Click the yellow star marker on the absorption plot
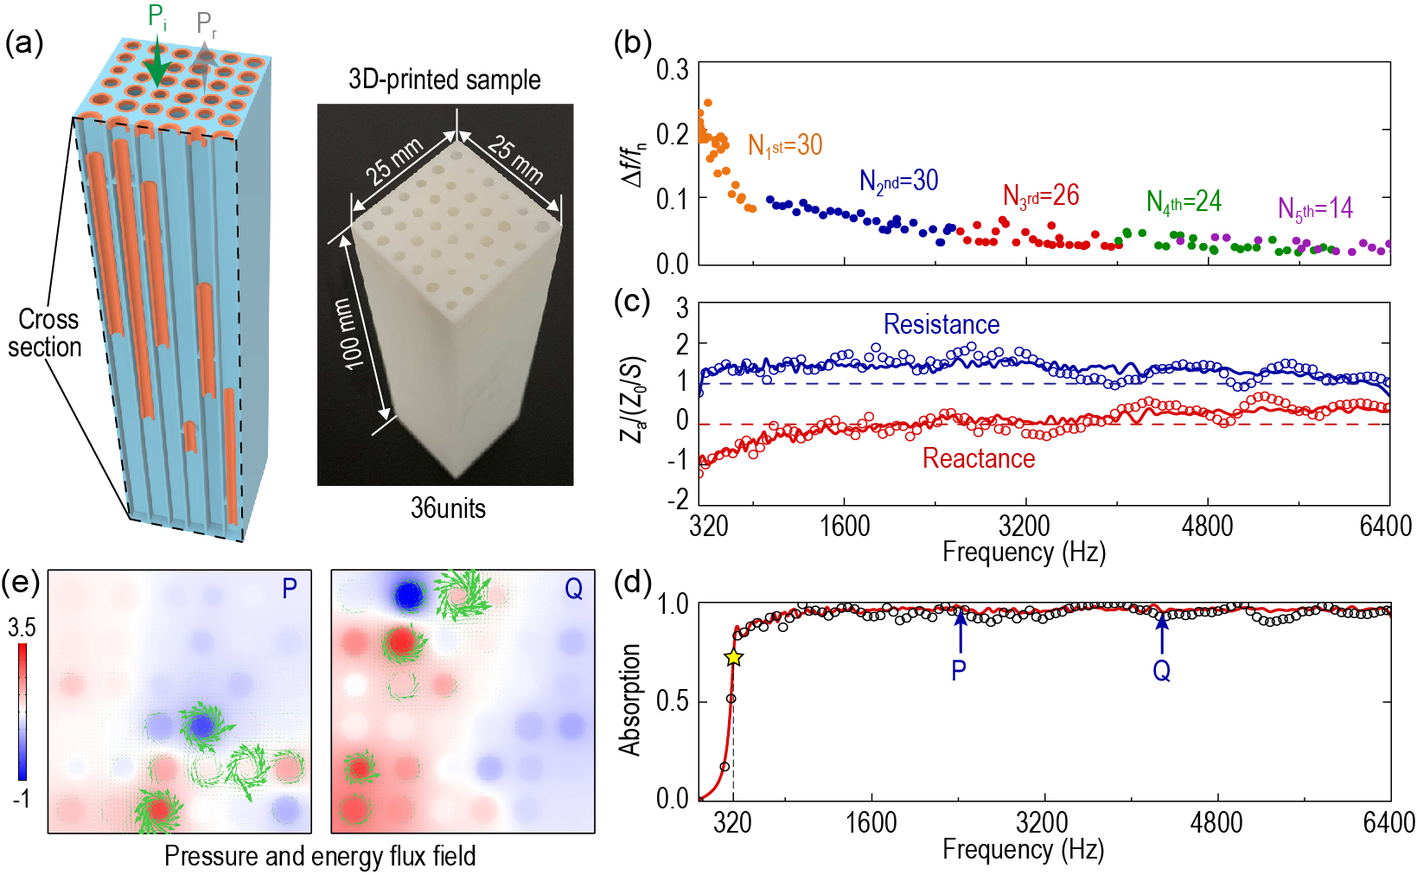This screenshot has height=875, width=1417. pos(733,657)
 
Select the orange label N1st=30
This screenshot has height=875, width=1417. pos(785,145)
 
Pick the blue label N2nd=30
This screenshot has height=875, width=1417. pos(898,181)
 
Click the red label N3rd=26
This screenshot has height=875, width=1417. pos(1041,196)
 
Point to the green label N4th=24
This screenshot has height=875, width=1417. pos(1184,201)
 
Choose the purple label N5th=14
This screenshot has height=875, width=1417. pos(1315,208)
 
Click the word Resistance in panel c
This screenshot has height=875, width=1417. pos(941,324)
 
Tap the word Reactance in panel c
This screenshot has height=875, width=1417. pos(979,458)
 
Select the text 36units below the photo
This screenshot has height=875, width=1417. pos(448,508)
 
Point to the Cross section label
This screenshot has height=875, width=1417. pos(47,333)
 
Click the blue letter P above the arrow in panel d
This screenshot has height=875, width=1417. pos(959,670)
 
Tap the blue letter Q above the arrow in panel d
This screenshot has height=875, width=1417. pos(1162,671)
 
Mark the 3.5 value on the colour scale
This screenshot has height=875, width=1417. pos(22,628)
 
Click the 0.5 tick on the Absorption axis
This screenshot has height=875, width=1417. pos(672,701)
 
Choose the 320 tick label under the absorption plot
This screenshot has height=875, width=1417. pos(732,822)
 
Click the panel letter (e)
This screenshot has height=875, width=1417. pos(21,583)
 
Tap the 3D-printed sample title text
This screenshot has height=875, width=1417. pos(444,80)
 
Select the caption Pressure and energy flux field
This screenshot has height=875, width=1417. pos(320,856)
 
